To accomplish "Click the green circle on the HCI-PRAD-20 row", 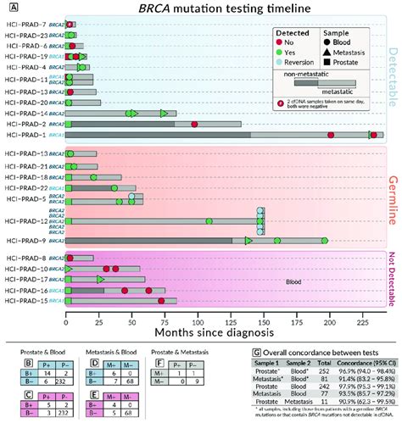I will tap(70, 103).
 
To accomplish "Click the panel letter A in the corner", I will tap(8, 7).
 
